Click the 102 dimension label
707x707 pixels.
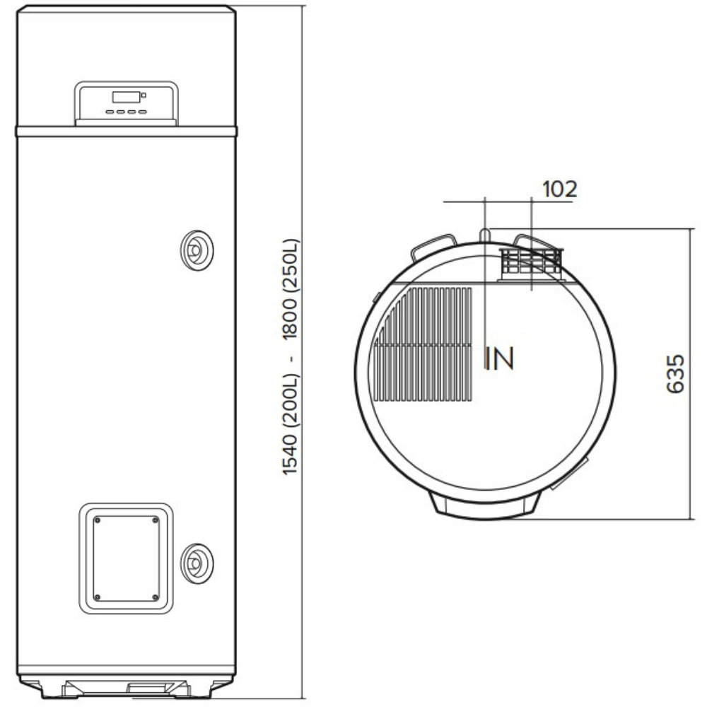point(559,189)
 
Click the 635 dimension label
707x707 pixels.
point(675,374)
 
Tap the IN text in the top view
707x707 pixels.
point(499,358)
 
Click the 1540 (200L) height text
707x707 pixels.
point(290,423)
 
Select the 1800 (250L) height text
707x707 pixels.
point(290,289)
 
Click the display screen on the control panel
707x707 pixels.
point(127,97)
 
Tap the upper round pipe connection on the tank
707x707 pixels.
point(197,250)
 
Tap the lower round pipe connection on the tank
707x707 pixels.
point(197,563)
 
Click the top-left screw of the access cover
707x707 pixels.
point(97,520)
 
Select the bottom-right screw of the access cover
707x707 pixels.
point(156,597)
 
